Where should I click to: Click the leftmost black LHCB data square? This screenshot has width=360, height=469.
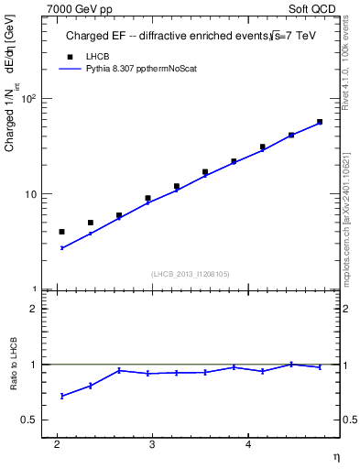(x=61, y=232)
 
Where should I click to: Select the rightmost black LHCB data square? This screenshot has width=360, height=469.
(x=320, y=122)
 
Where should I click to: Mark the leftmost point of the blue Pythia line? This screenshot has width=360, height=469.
(x=61, y=248)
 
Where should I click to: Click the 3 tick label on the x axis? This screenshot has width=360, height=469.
(x=152, y=444)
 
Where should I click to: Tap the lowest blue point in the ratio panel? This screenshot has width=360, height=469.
(x=61, y=396)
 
